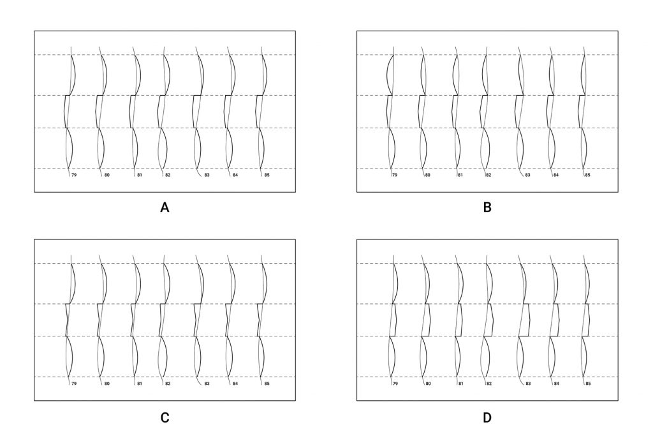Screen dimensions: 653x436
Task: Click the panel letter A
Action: pos(165,207)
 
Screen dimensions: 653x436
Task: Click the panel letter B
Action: pos(487,207)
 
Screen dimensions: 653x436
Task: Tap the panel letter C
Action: pos(165,417)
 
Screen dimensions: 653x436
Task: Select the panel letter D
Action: pos(487,417)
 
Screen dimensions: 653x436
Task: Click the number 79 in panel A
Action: pos(74,175)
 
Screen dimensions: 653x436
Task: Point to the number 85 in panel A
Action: pos(267,175)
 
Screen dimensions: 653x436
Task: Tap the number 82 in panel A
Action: pos(168,175)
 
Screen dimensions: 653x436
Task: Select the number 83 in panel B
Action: pos(527,175)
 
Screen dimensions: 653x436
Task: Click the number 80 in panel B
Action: pos(428,175)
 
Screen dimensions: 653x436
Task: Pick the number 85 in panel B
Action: pos(587,175)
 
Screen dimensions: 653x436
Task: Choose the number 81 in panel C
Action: pos(140,384)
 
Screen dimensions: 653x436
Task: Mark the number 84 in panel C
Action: pos(235,384)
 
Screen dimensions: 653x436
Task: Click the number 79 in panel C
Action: pos(74,384)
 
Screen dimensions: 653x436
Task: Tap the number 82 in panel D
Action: pos(489,384)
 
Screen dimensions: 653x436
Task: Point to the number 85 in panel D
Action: pos(588,384)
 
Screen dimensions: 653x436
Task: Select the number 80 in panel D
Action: pos(428,384)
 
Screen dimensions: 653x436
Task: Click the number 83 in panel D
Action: pos(528,384)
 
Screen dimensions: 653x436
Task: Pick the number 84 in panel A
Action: pos(235,175)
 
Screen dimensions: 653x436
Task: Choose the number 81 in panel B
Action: pos(460,175)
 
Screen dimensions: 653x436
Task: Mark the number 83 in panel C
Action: pos(207,384)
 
